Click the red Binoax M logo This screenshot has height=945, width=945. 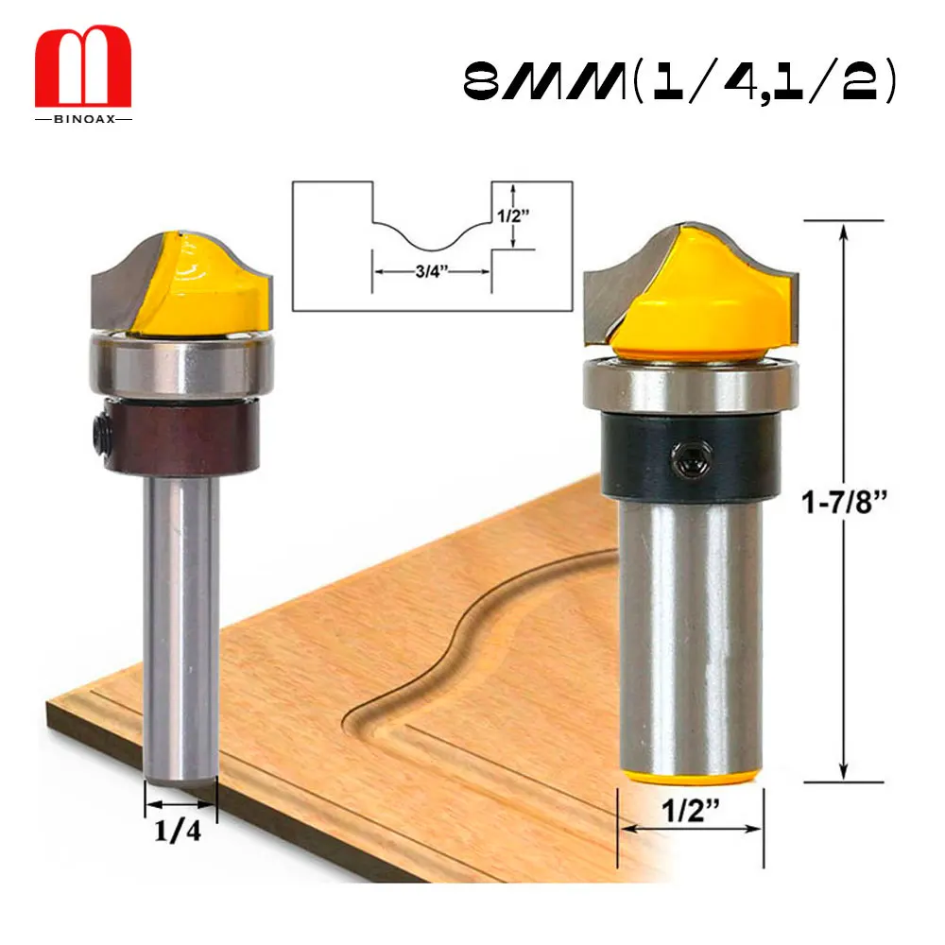83,66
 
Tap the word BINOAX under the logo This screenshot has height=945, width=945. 84,119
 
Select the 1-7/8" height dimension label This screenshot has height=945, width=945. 844,502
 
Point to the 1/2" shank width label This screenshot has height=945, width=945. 691,810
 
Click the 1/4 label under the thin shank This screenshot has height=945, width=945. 178,831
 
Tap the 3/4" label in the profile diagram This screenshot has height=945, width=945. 432,271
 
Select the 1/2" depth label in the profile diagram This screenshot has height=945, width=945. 513,215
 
